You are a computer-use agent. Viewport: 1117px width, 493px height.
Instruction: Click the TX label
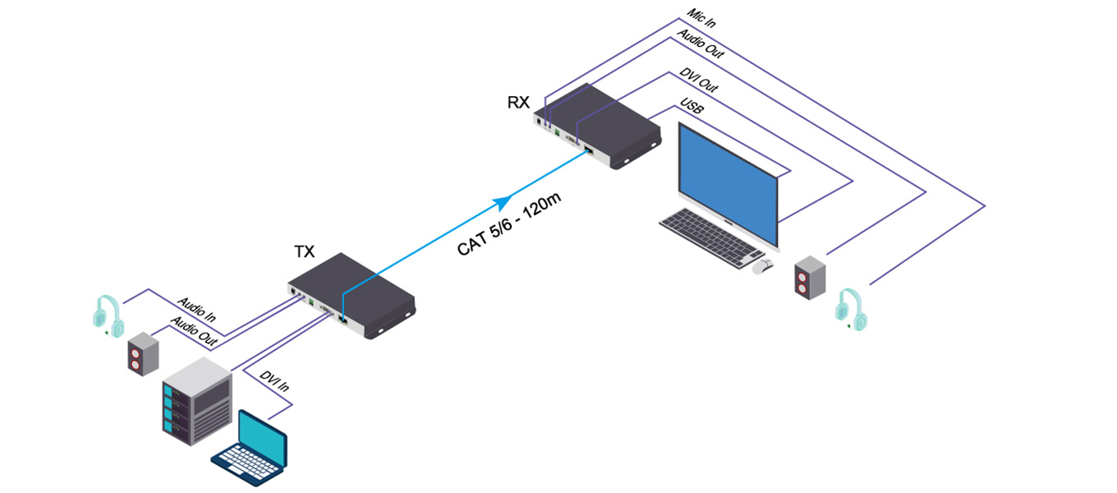coord(304,252)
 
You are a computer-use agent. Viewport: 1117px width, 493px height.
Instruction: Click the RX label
coord(517,104)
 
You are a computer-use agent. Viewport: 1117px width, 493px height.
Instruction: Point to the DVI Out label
coord(698,80)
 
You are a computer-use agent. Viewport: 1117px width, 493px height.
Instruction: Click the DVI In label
coord(274,387)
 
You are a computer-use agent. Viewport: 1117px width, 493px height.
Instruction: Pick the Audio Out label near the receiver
coord(700,44)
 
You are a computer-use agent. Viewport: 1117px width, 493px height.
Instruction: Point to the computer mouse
coord(764,265)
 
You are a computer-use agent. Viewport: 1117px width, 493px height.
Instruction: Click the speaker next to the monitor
coord(809,278)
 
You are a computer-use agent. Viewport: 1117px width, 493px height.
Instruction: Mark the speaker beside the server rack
coord(141,354)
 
